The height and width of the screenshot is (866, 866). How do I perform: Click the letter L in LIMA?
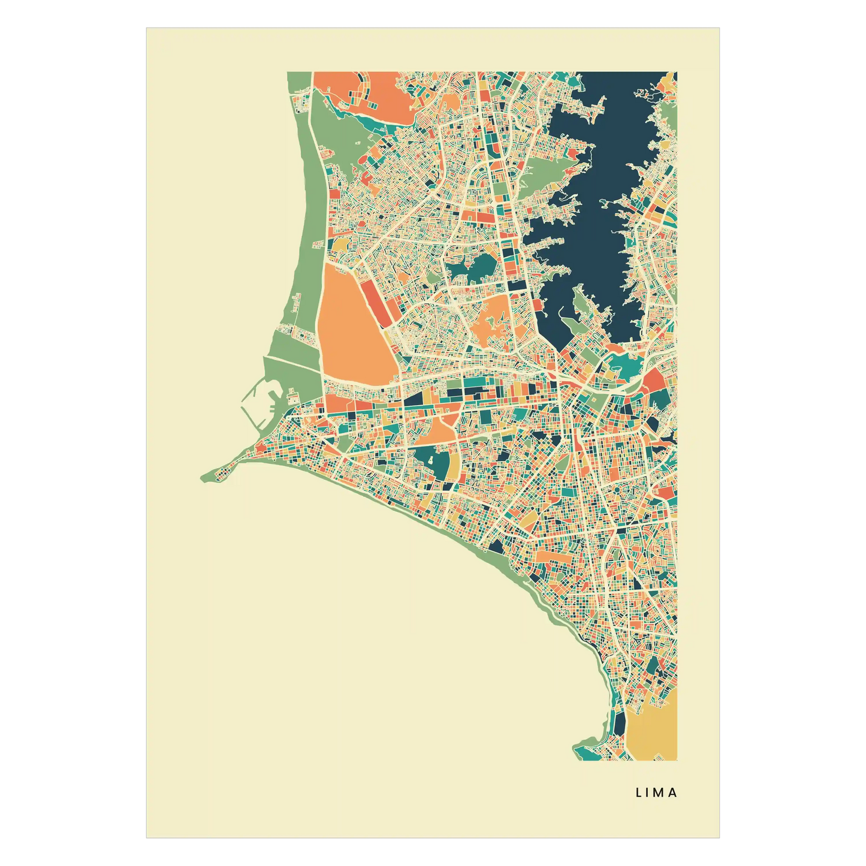pyautogui.click(x=639, y=792)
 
